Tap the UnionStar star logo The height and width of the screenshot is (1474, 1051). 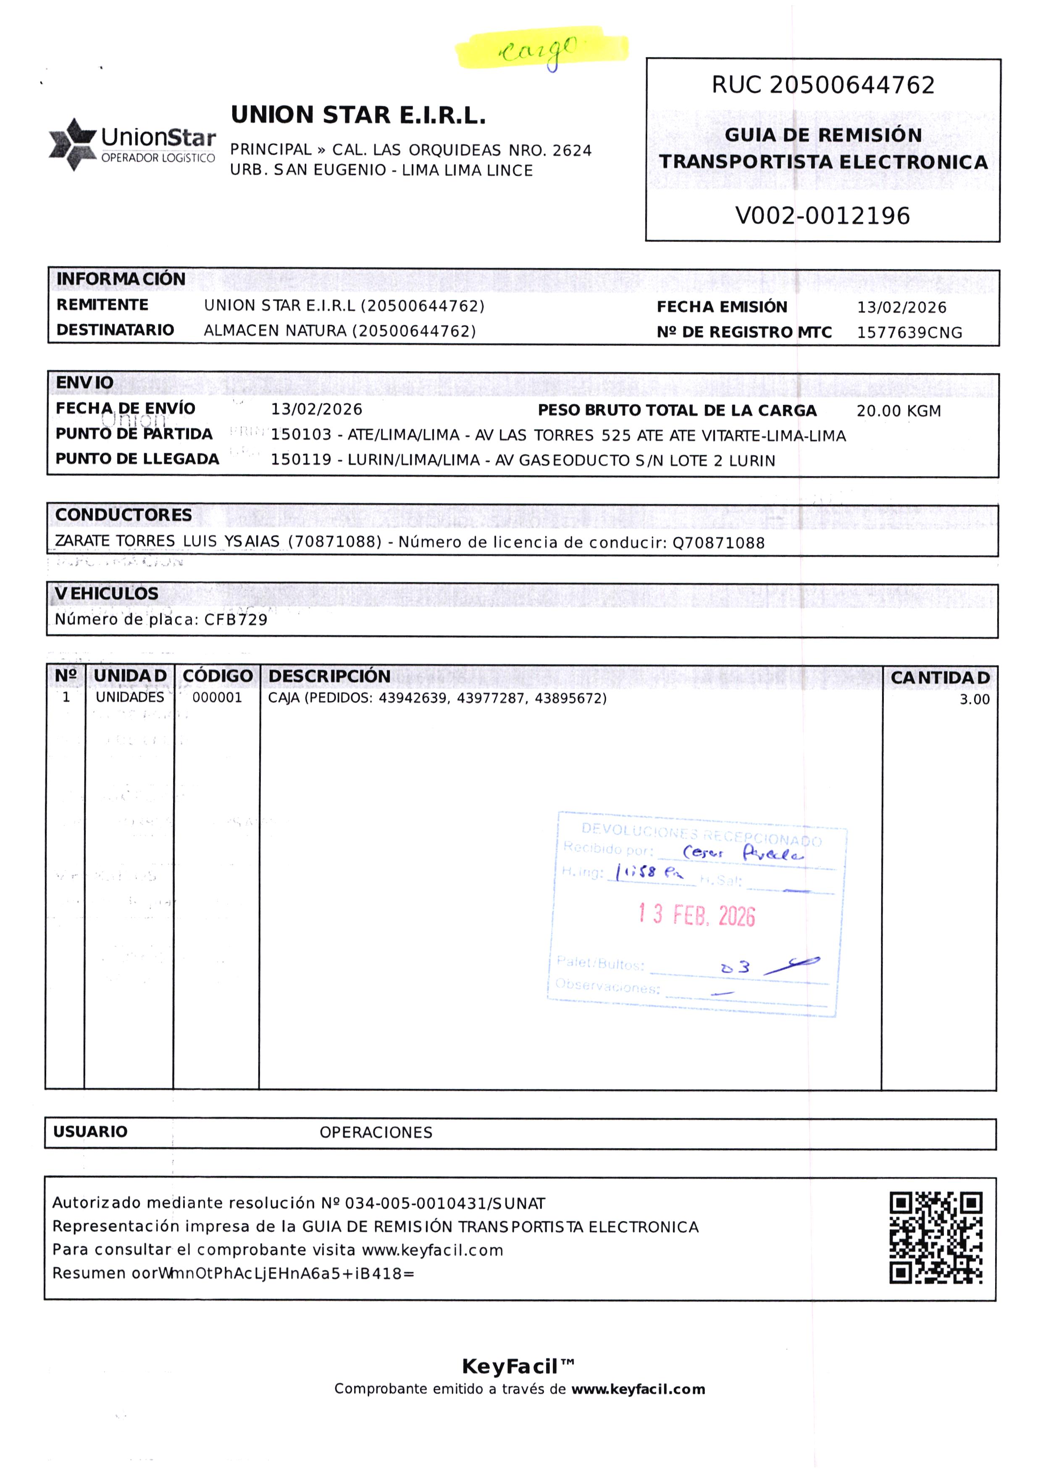[73, 144]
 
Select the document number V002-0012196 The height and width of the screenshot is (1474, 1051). [822, 215]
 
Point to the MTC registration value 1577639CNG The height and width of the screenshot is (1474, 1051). [909, 333]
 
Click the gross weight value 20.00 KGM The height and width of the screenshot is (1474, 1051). [898, 411]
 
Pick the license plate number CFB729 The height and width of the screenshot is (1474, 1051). [236, 620]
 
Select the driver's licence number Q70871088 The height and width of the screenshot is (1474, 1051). [718, 543]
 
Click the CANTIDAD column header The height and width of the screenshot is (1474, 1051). [940, 677]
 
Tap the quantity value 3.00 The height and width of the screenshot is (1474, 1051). [974, 700]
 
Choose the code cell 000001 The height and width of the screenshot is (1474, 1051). [217, 698]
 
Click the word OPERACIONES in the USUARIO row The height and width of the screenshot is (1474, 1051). [376, 1132]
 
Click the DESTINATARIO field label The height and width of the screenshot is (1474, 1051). [115, 330]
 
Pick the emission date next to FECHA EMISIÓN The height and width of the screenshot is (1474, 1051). [901, 307]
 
